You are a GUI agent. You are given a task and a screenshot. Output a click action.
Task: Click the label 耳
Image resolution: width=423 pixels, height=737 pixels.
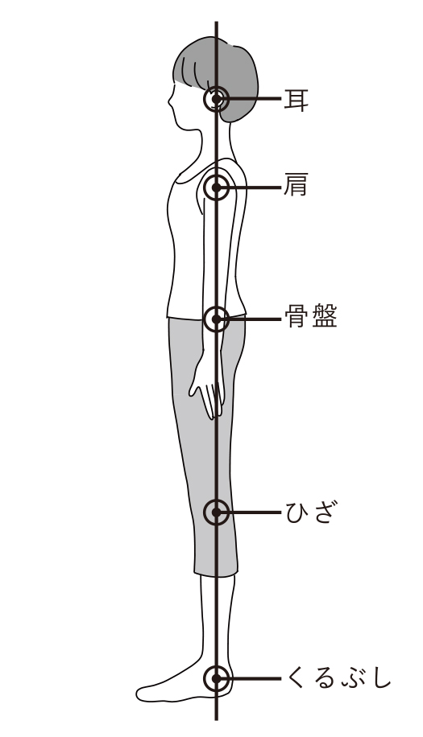pos(296,100)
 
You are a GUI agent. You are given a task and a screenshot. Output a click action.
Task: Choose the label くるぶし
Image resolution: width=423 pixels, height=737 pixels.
pos(338,678)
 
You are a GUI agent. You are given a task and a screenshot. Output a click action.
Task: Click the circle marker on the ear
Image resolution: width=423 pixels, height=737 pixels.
pos(217,99)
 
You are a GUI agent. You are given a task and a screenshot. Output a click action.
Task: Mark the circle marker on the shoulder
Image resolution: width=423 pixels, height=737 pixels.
pos(217,187)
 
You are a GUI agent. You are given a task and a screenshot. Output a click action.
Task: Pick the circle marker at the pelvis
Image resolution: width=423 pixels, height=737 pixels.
pos(217,319)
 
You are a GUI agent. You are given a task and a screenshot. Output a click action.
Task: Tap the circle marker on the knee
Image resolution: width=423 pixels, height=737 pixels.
pos(217,513)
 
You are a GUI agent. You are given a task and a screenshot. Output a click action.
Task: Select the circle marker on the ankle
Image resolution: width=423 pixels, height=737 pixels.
pos(217,679)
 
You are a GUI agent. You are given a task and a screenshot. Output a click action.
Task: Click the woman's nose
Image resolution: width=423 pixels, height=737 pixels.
pos(170,101)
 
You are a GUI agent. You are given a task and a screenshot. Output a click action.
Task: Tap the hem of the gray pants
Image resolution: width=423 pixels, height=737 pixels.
pos(216,574)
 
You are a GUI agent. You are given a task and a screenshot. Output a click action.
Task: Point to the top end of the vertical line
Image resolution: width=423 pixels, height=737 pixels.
pos(216,22)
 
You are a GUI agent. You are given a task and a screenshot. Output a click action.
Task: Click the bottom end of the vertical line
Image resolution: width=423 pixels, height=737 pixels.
pos(216,719)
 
